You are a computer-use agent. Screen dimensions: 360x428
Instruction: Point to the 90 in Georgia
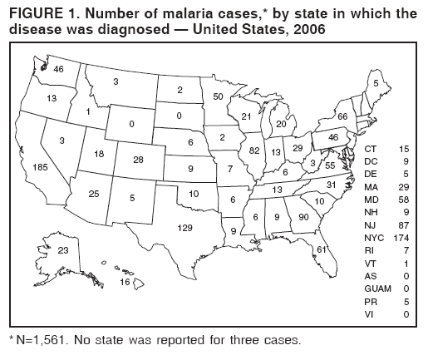(x=303, y=217)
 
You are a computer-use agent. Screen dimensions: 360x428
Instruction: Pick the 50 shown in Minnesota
(x=219, y=97)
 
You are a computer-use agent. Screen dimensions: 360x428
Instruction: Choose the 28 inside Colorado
(x=138, y=159)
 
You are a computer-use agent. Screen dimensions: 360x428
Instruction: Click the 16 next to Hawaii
(x=125, y=283)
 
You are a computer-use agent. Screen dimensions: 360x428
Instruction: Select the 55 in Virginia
(x=330, y=165)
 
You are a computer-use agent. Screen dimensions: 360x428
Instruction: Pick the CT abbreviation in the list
(x=371, y=148)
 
